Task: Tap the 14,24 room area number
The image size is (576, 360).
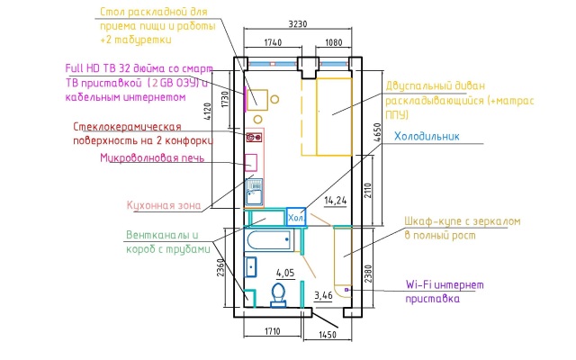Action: coord(336,200)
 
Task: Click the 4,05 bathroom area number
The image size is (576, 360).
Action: coord(285,272)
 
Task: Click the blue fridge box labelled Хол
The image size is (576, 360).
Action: coord(296,218)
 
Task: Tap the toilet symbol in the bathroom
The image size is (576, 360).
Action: coord(278,293)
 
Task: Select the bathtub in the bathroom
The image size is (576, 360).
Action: coord(267,240)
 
